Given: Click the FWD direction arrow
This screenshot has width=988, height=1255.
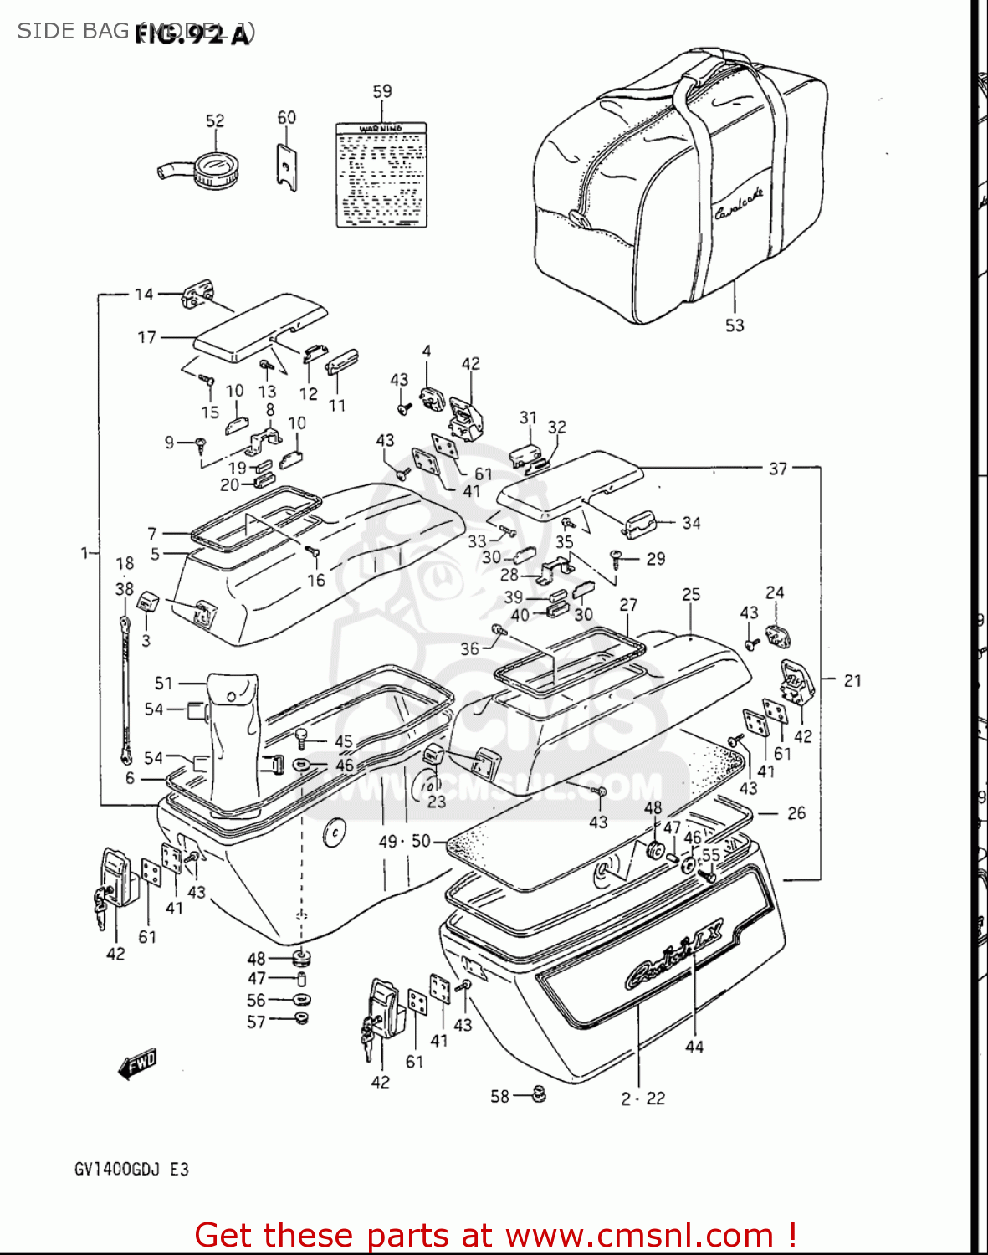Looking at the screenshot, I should click(138, 1064).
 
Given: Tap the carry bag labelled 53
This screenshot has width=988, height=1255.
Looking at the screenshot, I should click(678, 184).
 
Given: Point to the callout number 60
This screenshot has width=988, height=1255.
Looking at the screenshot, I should click(286, 118).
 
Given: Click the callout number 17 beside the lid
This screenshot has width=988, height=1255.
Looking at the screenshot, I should click(147, 337).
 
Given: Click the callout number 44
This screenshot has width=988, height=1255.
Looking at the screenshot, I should click(694, 1047).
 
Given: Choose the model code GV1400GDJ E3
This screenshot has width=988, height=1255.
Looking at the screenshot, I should click(131, 1169).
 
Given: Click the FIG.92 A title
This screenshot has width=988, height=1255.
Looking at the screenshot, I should click(192, 34).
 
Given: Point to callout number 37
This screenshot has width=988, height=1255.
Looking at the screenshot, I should click(778, 469).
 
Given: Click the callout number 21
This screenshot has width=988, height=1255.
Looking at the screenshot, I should click(852, 681).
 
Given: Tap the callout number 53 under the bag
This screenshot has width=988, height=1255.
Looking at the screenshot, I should click(734, 325).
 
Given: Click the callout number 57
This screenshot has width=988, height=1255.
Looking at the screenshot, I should click(256, 1022).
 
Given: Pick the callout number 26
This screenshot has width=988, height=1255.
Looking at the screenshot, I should click(796, 812).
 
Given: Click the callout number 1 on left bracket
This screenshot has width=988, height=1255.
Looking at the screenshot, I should click(84, 553).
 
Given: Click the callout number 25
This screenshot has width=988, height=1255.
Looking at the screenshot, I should click(691, 595).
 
